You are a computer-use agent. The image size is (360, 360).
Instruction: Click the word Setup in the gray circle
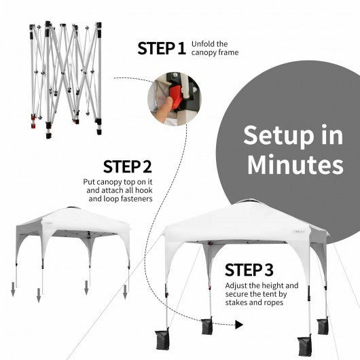(283, 135)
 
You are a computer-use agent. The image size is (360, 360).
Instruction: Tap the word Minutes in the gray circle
(294, 165)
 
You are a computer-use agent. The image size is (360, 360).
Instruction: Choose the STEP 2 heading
(127, 167)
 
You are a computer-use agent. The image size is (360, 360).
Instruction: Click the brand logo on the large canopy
(300, 230)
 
